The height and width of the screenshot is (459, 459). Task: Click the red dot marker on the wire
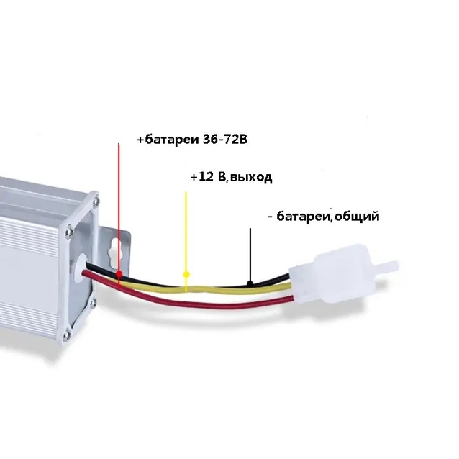[x=119, y=274]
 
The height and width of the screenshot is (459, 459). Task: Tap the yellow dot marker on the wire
[x=186, y=274]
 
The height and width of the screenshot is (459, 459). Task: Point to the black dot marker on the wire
[x=250, y=283]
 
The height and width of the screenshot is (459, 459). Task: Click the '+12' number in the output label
[x=202, y=177]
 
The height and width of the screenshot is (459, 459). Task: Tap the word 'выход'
[x=251, y=178]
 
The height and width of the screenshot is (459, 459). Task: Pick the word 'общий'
[x=357, y=217]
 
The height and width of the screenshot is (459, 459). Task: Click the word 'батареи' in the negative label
[x=304, y=217]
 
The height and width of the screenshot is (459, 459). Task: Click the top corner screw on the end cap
[x=96, y=201]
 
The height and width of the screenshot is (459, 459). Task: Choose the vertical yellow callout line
[x=186, y=242]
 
